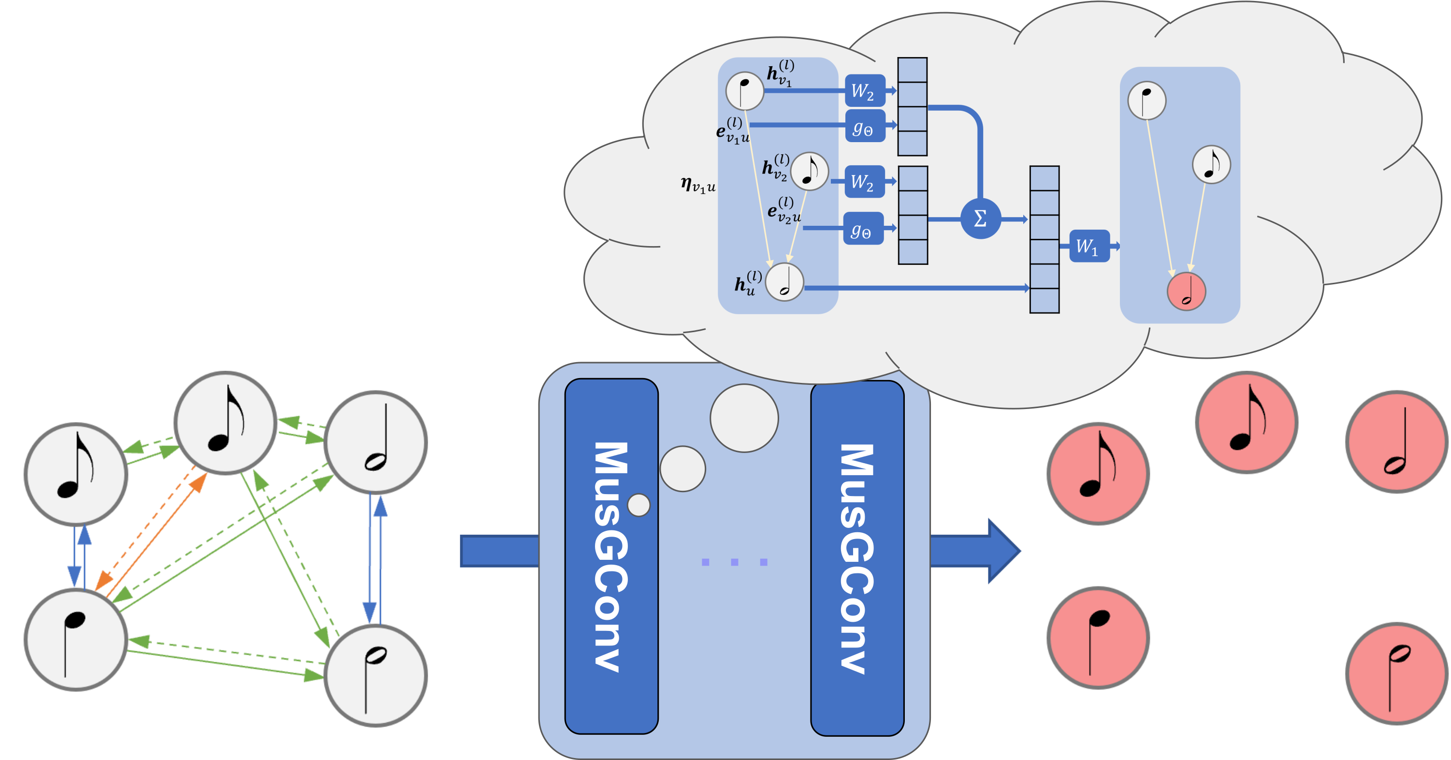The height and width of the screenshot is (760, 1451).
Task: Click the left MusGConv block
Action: (x=611, y=556)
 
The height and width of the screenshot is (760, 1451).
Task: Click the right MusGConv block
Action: (x=857, y=558)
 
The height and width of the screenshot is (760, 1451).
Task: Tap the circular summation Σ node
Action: (x=980, y=219)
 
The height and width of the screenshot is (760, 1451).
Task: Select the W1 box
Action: (x=1089, y=246)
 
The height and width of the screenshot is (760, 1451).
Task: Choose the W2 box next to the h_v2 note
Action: (x=864, y=182)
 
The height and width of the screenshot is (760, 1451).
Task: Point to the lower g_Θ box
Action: (x=863, y=229)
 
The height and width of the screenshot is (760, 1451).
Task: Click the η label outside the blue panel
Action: (x=698, y=185)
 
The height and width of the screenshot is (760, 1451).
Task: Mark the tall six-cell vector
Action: (x=1045, y=239)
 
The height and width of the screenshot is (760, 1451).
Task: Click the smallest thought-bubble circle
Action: (x=639, y=505)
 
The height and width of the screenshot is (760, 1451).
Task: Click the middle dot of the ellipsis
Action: (x=734, y=562)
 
